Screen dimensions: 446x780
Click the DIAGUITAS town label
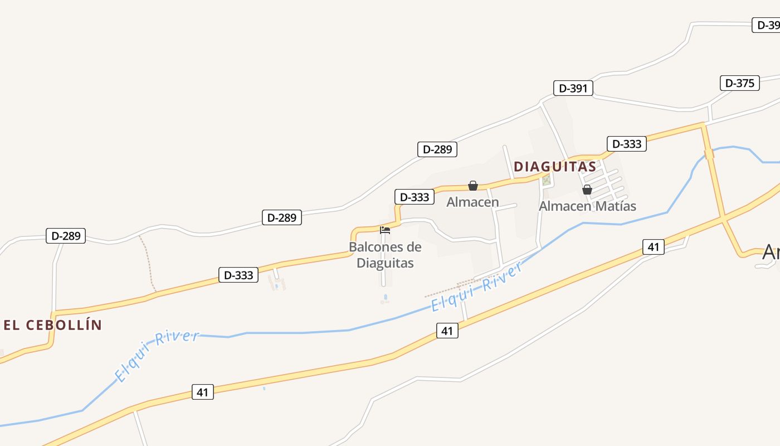[554, 166]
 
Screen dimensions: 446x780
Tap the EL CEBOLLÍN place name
[53, 325]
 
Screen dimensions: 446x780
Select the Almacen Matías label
[587, 206]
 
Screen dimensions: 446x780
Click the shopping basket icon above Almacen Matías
[587, 190]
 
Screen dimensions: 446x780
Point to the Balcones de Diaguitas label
[385, 255]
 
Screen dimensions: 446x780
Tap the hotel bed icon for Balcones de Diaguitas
[384, 230]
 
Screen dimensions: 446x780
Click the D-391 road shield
[573, 88]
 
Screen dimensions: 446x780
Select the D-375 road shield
[739, 83]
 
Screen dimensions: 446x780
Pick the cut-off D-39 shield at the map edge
[766, 25]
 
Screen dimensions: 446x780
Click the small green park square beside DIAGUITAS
[547, 180]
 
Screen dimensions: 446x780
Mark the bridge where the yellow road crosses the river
[709, 154]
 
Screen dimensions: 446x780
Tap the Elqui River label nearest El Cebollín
[157, 356]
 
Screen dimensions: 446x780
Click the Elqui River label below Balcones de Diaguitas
[477, 287]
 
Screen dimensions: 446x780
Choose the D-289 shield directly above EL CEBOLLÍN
[66, 236]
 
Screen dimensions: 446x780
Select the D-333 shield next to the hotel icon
[415, 197]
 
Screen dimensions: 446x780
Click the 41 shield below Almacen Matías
[654, 246]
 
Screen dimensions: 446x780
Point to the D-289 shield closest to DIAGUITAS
[437, 149]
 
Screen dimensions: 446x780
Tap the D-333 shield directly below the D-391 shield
[627, 144]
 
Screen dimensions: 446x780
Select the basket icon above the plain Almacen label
[473, 186]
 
